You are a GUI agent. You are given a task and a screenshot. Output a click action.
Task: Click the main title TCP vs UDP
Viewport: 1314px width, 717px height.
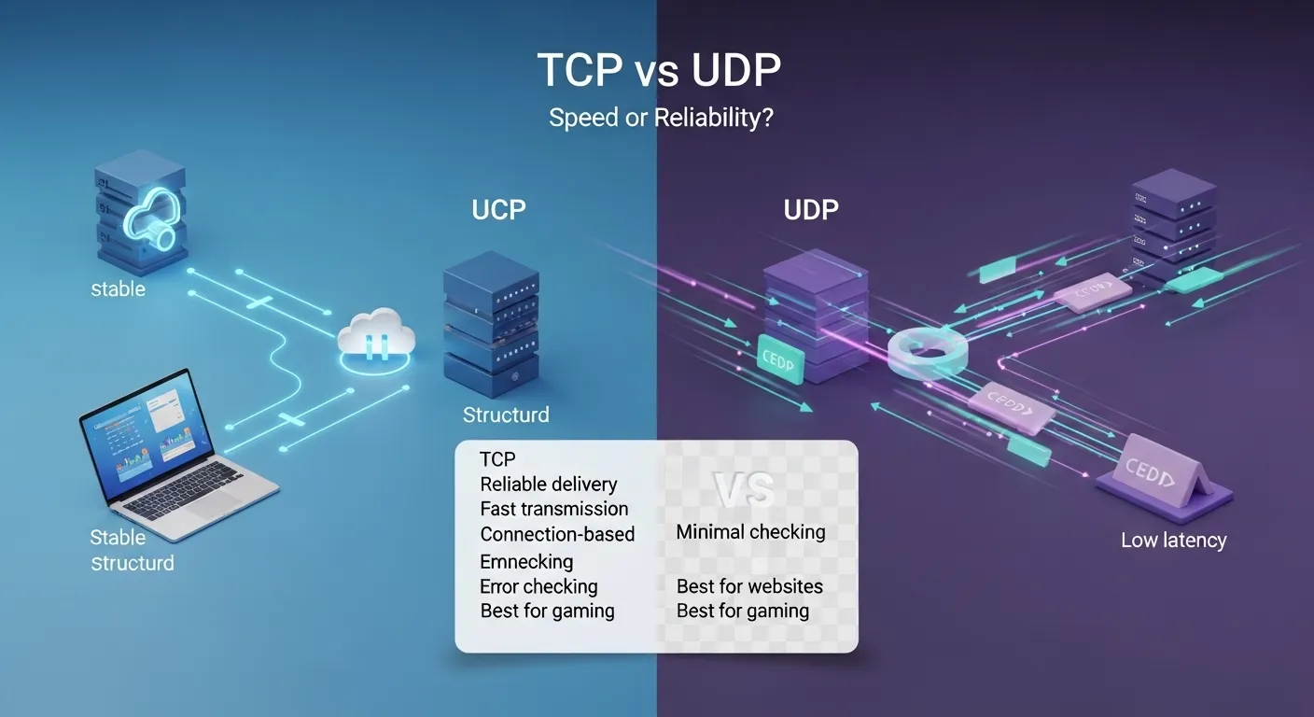658,72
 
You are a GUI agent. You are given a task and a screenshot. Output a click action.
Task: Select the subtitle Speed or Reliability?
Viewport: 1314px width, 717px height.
660,119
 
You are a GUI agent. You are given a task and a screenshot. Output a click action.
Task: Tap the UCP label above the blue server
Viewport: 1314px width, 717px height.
498,209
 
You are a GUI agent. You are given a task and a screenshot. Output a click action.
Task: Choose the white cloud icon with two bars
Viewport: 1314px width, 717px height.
376,338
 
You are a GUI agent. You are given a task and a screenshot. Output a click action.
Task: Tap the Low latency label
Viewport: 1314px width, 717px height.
1173,540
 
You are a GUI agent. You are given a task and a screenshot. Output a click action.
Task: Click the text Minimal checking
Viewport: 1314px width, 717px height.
750,532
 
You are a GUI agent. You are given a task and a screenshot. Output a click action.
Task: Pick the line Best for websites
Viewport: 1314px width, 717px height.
749,586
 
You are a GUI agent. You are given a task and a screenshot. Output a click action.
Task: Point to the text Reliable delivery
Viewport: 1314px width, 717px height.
548,484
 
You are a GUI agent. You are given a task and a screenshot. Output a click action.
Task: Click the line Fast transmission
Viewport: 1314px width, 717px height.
553,509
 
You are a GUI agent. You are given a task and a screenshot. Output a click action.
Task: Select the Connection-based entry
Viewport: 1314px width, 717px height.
557,534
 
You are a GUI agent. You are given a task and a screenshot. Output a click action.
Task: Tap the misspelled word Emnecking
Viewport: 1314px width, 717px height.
526,561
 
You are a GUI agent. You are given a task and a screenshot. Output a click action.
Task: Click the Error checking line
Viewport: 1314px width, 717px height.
538,586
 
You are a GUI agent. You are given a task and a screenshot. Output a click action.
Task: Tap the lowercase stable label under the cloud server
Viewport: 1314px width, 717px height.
118,288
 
